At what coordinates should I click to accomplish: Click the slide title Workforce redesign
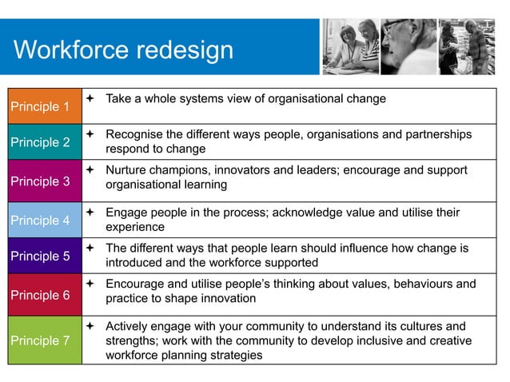point(124,50)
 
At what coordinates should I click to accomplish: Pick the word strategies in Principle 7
point(234,355)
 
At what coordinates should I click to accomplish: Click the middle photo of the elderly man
point(408,46)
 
